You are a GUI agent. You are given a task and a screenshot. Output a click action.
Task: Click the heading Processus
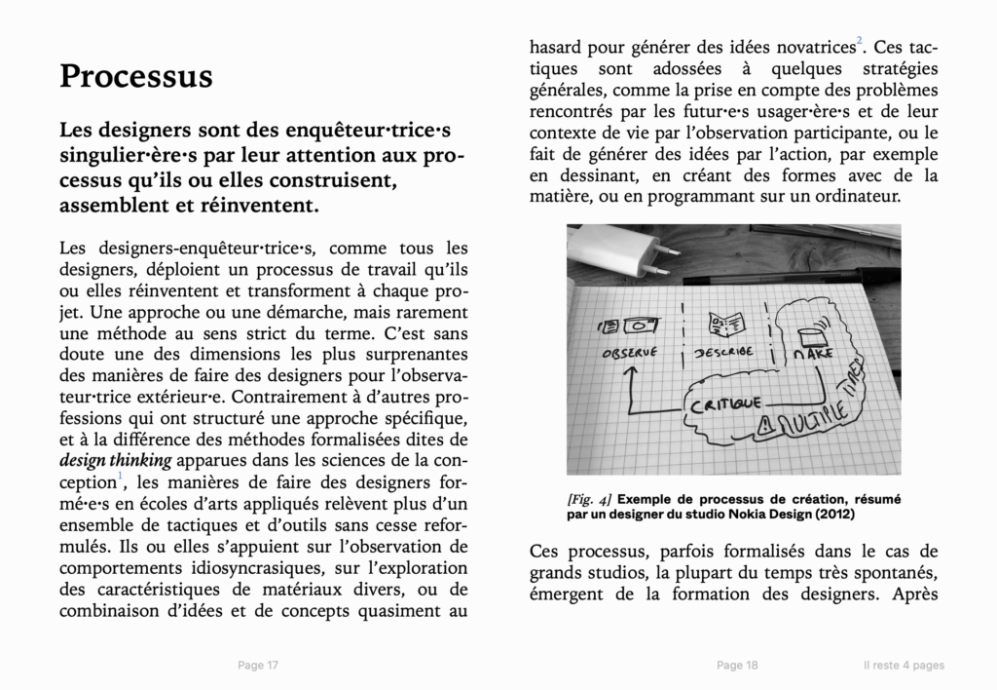click(135, 76)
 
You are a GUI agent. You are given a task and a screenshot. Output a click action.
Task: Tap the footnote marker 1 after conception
click(121, 476)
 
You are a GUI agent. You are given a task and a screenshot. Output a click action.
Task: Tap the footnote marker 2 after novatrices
click(859, 40)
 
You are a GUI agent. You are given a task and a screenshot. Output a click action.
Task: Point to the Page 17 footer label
click(258, 666)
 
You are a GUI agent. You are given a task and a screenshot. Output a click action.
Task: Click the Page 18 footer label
click(737, 666)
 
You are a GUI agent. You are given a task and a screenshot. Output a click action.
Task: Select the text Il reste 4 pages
click(904, 666)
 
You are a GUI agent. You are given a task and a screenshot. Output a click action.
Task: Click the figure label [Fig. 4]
click(589, 498)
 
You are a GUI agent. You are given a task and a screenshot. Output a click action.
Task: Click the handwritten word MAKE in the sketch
click(815, 355)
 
